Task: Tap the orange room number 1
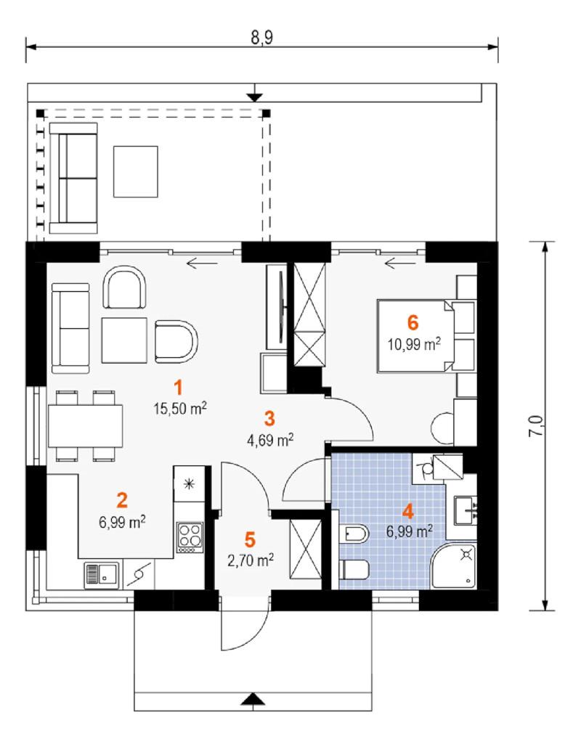[x=178, y=388]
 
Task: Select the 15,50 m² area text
[x=180, y=408]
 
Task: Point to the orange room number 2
[x=122, y=500]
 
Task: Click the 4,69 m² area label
[x=271, y=440]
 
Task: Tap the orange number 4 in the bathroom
[x=408, y=511]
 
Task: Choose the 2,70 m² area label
[x=251, y=560]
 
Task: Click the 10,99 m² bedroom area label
[x=414, y=345]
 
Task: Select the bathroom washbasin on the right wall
[x=466, y=510]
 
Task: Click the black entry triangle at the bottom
[x=253, y=699]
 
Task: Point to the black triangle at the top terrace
[x=255, y=97]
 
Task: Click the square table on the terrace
[x=135, y=171]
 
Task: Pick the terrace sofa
[x=73, y=179]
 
